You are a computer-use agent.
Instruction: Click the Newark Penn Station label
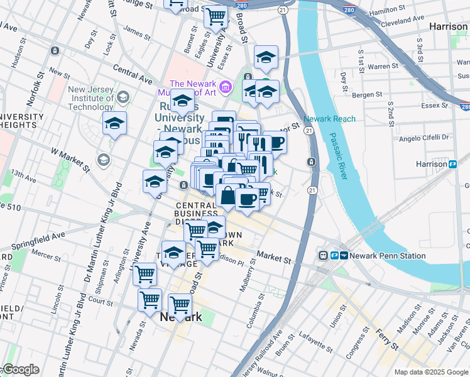coord(385,256)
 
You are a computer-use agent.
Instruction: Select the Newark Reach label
coord(329,119)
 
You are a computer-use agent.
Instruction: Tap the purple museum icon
coord(224,84)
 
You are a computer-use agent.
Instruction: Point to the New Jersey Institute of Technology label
coord(91,98)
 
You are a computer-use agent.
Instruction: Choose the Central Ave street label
coord(133,74)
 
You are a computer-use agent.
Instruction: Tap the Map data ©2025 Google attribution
coord(431,372)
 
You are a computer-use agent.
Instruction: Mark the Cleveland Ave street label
coord(404,20)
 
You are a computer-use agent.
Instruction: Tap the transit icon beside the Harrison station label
coord(452,164)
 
